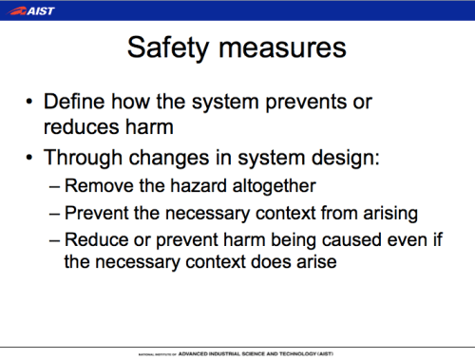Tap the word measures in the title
click(x=285, y=48)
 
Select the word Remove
click(x=99, y=187)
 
